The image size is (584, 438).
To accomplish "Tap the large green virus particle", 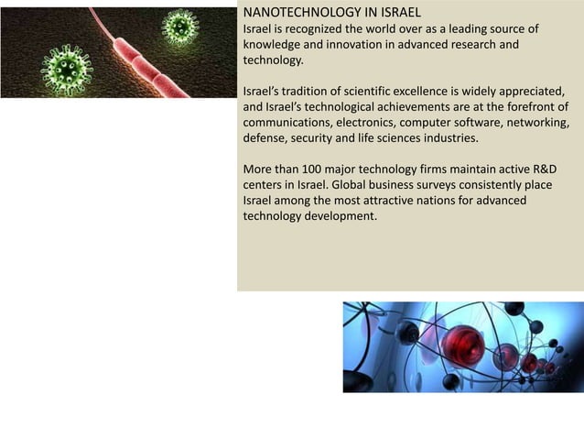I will [67, 67].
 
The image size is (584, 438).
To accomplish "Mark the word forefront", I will [525, 106].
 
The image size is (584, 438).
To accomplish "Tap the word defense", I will [265, 138].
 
